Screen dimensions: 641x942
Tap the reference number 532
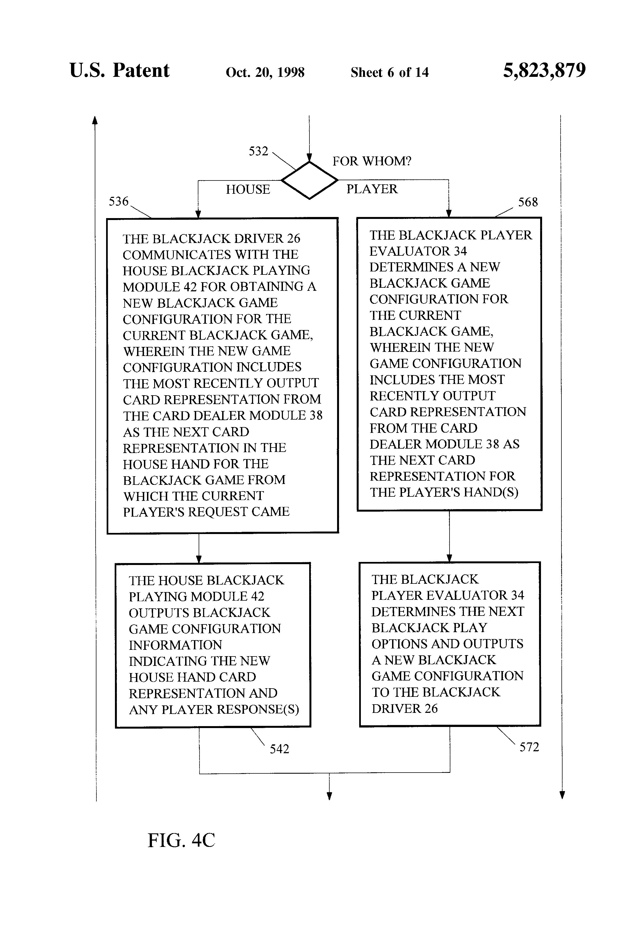(259, 151)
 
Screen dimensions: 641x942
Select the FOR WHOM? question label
(372, 161)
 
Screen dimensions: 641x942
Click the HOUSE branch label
(248, 189)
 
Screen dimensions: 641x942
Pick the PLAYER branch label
(372, 189)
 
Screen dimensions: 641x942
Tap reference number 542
(280, 749)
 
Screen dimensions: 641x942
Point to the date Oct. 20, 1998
(265, 72)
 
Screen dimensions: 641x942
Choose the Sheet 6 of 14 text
(389, 72)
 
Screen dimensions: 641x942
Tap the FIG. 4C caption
(181, 840)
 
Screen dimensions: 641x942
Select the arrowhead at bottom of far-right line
(562, 794)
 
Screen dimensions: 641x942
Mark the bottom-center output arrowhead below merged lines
(329, 796)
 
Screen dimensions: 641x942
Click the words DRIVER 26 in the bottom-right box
(405, 708)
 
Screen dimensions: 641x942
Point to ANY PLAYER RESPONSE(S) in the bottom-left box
(214, 709)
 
